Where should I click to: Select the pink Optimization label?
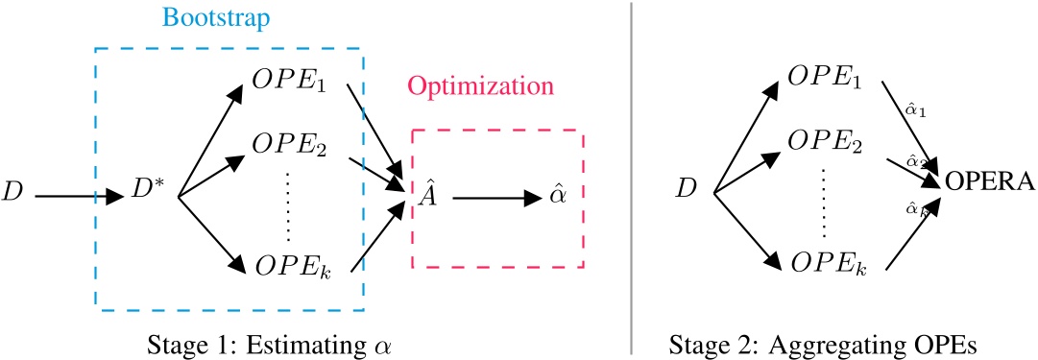(482, 85)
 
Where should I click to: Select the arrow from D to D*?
(82, 198)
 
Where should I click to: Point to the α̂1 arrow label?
(915, 111)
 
